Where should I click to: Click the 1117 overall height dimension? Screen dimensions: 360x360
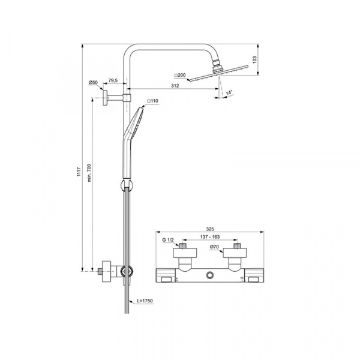click(x=79, y=172)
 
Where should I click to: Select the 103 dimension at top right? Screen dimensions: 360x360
click(x=254, y=59)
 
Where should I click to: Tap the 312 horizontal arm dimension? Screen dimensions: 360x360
click(x=175, y=86)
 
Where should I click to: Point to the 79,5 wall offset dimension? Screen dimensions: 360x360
click(x=113, y=80)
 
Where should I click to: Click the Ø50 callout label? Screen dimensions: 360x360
click(x=93, y=82)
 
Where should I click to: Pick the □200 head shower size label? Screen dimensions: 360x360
click(x=180, y=75)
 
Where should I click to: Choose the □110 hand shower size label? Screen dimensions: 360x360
click(x=152, y=101)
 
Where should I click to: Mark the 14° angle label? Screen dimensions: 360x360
click(x=229, y=92)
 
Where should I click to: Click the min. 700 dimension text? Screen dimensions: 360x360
click(x=89, y=173)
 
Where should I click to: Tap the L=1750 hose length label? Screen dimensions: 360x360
click(x=145, y=301)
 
